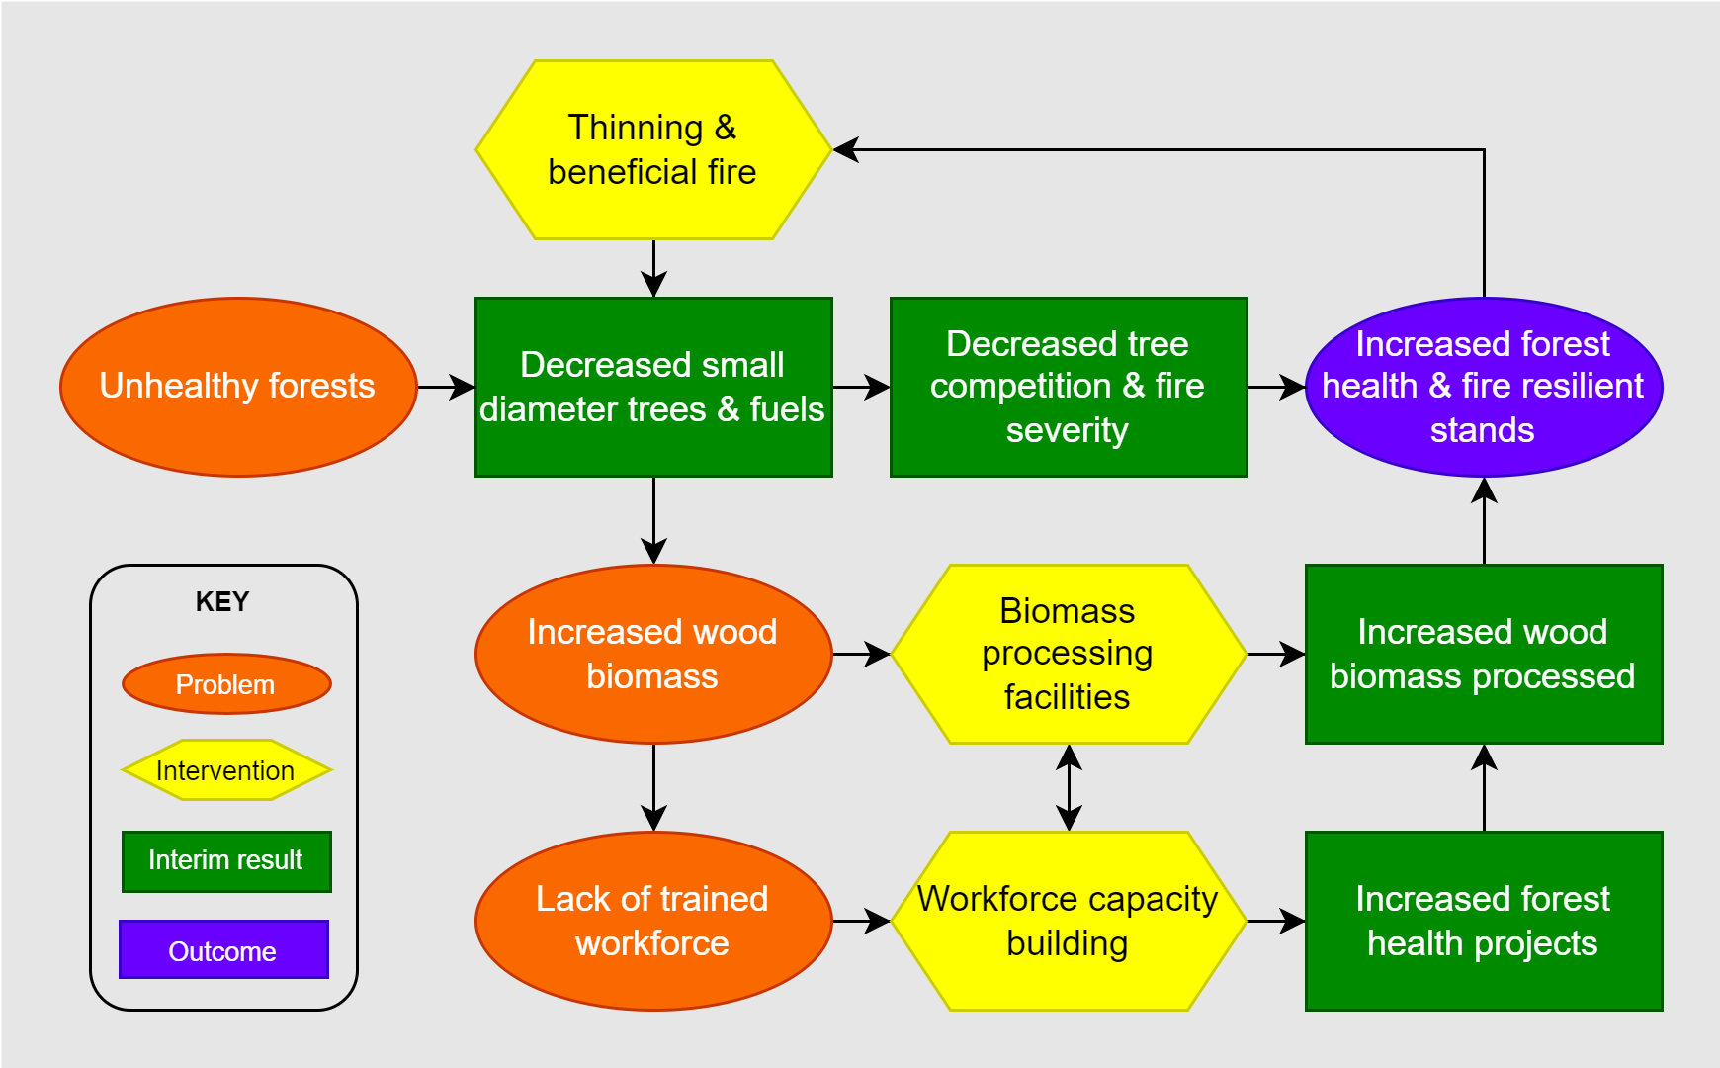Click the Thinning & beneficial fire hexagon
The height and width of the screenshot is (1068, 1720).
pyautogui.click(x=653, y=149)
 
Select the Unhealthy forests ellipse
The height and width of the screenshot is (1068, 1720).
pyautogui.click(x=238, y=387)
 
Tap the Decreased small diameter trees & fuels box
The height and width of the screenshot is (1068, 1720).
pyautogui.click(x=653, y=387)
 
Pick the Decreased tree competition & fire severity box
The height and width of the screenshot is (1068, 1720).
pyautogui.click(x=1069, y=387)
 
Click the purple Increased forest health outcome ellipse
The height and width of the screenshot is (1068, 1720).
pyautogui.click(x=1483, y=387)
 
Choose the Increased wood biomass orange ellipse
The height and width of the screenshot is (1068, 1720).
pyautogui.click(x=653, y=654)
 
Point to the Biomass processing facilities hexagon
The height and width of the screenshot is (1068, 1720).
pyautogui.click(x=1069, y=654)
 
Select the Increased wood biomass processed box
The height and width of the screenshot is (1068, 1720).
pyautogui.click(x=1483, y=654)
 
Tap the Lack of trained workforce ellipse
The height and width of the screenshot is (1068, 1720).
pyautogui.click(x=653, y=921)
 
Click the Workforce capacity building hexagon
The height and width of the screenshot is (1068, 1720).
pyautogui.click(x=1069, y=921)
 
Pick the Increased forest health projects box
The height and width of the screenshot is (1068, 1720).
pyautogui.click(x=1483, y=921)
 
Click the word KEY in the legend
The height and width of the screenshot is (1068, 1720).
pyautogui.click(x=222, y=601)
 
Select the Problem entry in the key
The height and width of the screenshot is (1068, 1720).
pyautogui.click(x=226, y=684)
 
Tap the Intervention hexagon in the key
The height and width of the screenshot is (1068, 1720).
pyautogui.click(x=226, y=770)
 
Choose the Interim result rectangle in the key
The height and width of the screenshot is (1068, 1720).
pyautogui.click(x=226, y=860)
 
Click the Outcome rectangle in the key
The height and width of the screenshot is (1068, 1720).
pyautogui.click(x=223, y=950)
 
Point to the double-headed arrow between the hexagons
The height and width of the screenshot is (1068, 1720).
pyautogui.click(x=1069, y=787)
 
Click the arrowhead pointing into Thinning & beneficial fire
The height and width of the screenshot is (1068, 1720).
pyautogui.click(x=846, y=150)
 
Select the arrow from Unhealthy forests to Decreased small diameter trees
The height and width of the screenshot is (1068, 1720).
pyautogui.click(x=446, y=387)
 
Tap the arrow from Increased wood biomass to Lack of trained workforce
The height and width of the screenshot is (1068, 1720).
pyautogui.click(x=653, y=787)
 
